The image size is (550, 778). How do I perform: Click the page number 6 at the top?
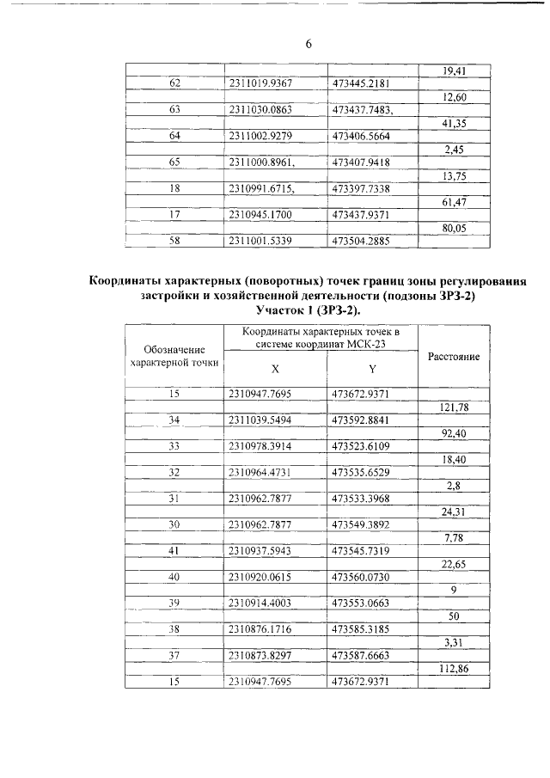[x=308, y=45]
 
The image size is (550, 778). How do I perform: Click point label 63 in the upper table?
[x=174, y=110]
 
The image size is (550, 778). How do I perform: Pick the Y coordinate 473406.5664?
[x=361, y=136]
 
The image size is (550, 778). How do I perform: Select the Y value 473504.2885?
[x=361, y=241]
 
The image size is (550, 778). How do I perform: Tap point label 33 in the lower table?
[x=174, y=446]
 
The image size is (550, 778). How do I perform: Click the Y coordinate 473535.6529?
[x=361, y=472]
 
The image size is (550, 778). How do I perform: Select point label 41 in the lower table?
[x=174, y=551]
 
